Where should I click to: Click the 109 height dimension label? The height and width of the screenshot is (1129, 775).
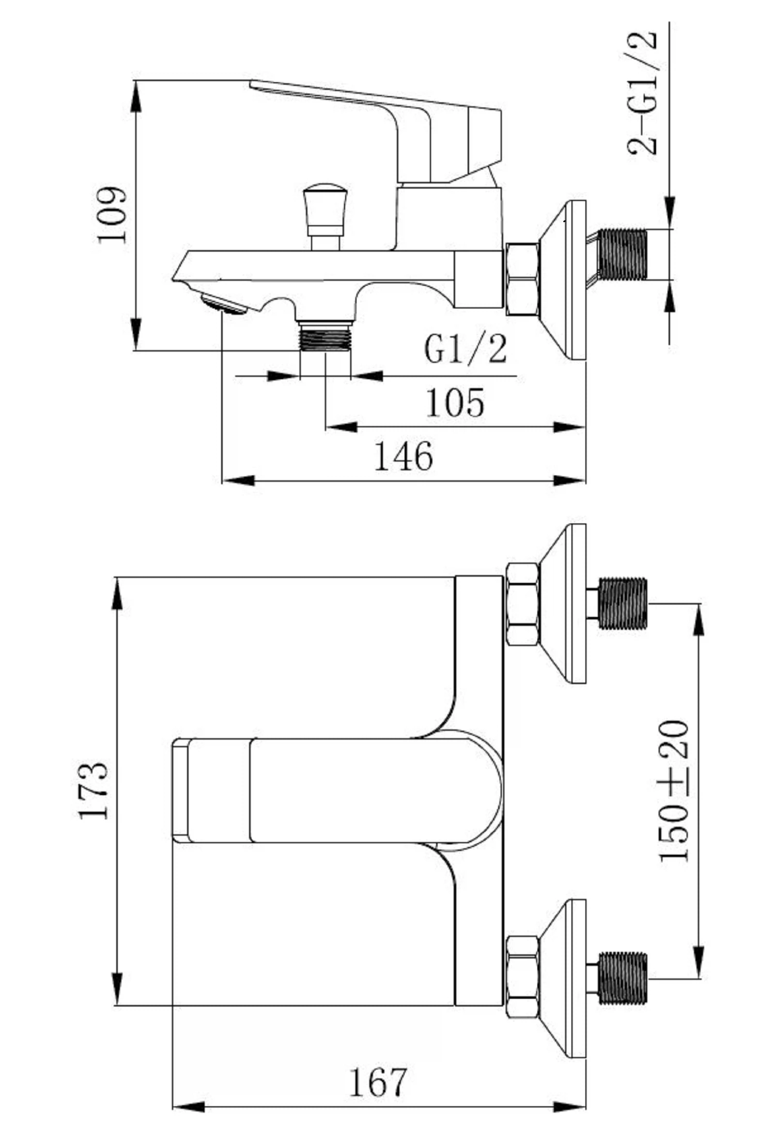(x=112, y=215)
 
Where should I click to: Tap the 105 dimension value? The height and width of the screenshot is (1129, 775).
(x=455, y=403)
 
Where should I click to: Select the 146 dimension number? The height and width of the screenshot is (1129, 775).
(x=404, y=456)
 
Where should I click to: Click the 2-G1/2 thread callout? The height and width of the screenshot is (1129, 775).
(x=644, y=93)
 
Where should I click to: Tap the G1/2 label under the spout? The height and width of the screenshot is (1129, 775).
(x=465, y=349)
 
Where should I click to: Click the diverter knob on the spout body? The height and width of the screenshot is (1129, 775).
(x=324, y=217)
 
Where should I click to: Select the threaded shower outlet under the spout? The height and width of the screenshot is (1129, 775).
(x=325, y=336)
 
